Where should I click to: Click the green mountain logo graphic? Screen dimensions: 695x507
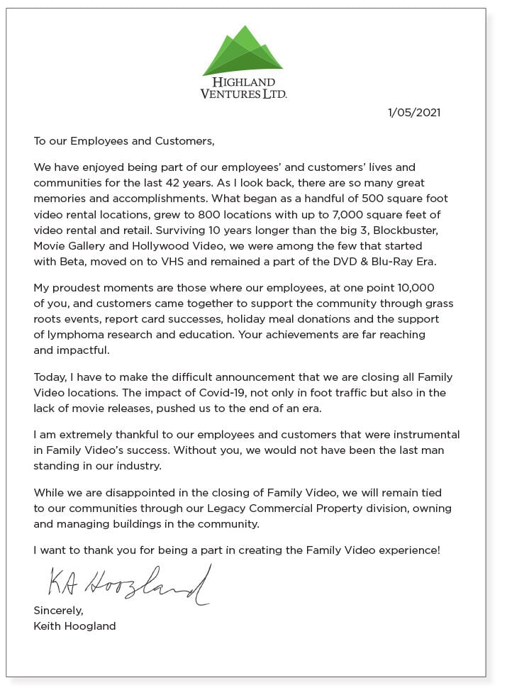pos(243,52)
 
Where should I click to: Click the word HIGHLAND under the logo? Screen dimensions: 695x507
pos(243,82)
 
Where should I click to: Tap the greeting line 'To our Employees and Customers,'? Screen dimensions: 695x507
pos(123,140)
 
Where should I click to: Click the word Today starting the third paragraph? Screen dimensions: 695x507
pos(50,377)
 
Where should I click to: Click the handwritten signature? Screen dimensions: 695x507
pos(128,584)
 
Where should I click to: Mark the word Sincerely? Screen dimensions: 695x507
pos(58,611)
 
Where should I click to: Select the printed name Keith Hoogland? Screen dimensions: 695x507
pos(74,626)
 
